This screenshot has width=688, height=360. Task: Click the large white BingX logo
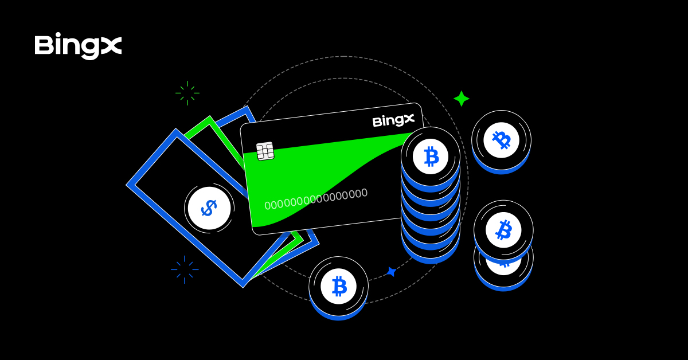[x=78, y=46]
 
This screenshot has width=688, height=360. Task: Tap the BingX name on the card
[x=393, y=121]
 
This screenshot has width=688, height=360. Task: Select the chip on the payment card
[x=265, y=151]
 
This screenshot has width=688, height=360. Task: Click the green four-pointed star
[x=462, y=99]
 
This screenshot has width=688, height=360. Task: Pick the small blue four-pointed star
[x=392, y=272]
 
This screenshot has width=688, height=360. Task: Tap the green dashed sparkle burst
[x=187, y=93]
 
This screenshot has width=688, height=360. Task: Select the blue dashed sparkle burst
[x=185, y=269]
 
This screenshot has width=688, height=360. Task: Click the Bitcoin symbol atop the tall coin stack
[x=431, y=156]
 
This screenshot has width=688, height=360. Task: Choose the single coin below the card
[x=339, y=287]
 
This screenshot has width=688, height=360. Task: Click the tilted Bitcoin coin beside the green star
[x=501, y=140]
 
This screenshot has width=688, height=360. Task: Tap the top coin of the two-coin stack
[x=503, y=229]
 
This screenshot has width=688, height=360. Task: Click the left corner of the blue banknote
[x=130, y=185]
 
